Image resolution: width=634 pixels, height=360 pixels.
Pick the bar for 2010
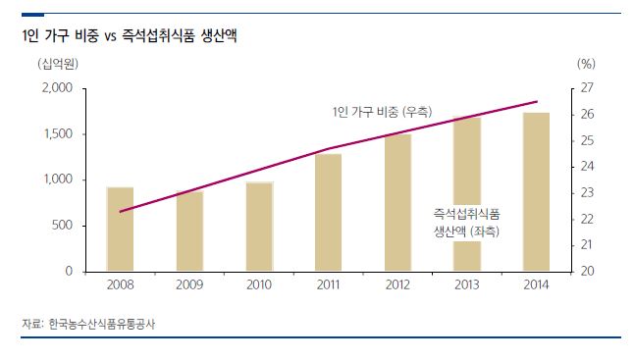259,227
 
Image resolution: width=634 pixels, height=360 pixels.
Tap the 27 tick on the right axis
587,88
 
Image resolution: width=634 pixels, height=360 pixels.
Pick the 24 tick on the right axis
587,167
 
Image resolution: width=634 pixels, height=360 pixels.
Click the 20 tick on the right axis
587,271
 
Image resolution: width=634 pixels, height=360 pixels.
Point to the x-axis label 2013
466,285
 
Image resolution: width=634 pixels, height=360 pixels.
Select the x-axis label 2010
259,285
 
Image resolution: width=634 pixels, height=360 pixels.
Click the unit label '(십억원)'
58,65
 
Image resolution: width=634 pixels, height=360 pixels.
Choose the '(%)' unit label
587,65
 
